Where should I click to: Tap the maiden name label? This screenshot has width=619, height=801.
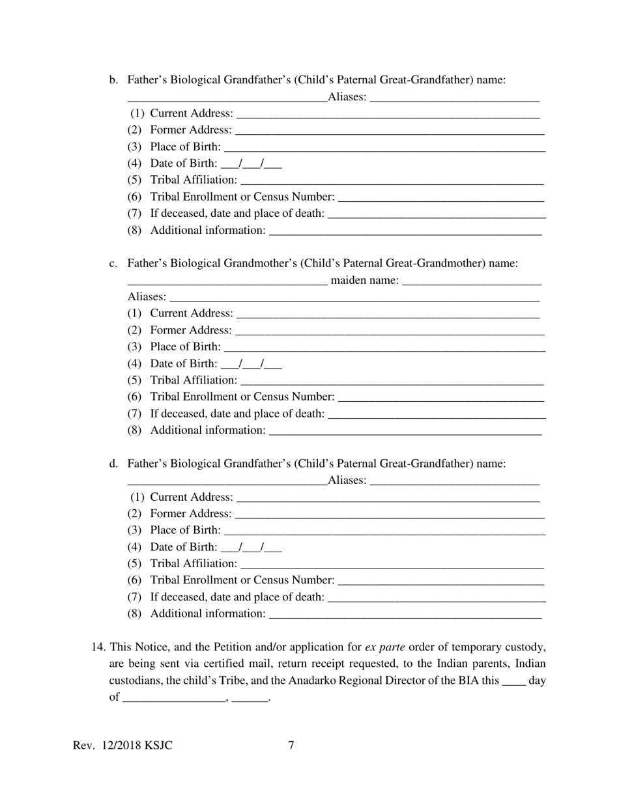tap(365, 281)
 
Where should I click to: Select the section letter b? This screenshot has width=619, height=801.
tap(113, 80)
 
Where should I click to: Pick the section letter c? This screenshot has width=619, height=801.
tap(113, 264)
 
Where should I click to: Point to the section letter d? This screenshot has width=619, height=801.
tap(113, 464)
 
